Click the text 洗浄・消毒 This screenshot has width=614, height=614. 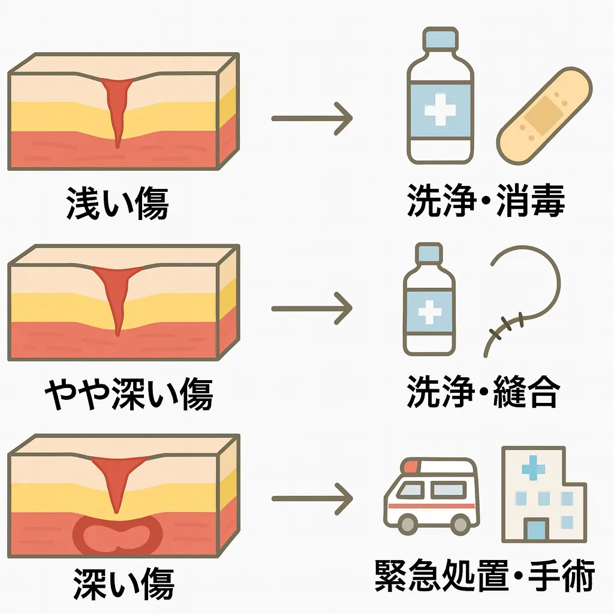(486, 203)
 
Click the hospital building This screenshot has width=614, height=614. (542, 495)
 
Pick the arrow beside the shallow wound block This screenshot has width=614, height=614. (312, 118)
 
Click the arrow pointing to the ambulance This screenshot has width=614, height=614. (312, 499)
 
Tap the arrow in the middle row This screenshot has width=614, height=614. (312, 309)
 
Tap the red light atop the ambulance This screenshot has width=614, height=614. (411, 465)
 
